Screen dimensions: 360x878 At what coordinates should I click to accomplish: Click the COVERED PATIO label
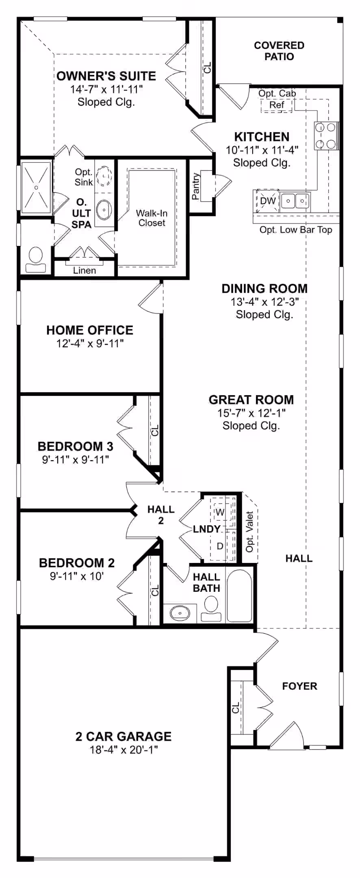(x=279, y=51)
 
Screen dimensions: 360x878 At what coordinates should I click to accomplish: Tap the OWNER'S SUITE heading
(x=106, y=76)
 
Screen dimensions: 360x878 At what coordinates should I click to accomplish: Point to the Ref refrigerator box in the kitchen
(x=277, y=105)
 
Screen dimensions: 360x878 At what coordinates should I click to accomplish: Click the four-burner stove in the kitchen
(x=326, y=136)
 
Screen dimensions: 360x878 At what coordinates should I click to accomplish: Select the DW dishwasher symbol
(x=267, y=201)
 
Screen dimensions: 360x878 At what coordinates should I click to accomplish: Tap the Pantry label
(x=195, y=186)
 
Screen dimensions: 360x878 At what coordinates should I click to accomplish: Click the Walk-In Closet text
(x=152, y=218)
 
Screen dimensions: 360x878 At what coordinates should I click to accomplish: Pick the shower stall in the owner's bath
(x=36, y=187)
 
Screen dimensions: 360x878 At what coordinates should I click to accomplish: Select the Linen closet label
(x=85, y=270)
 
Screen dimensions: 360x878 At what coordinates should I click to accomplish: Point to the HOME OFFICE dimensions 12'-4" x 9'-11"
(x=90, y=344)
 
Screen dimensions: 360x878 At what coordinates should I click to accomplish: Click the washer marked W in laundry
(x=220, y=512)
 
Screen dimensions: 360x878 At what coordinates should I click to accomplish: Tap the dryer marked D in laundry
(x=220, y=546)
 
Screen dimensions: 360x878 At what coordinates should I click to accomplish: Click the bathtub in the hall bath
(x=239, y=595)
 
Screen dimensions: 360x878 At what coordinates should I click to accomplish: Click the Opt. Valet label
(x=249, y=532)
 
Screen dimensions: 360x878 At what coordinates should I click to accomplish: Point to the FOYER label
(x=299, y=686)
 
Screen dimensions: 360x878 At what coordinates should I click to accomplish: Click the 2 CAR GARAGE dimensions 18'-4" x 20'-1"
(x=124, y=750)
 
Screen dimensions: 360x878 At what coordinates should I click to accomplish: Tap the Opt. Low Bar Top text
(x=296, y=230)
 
